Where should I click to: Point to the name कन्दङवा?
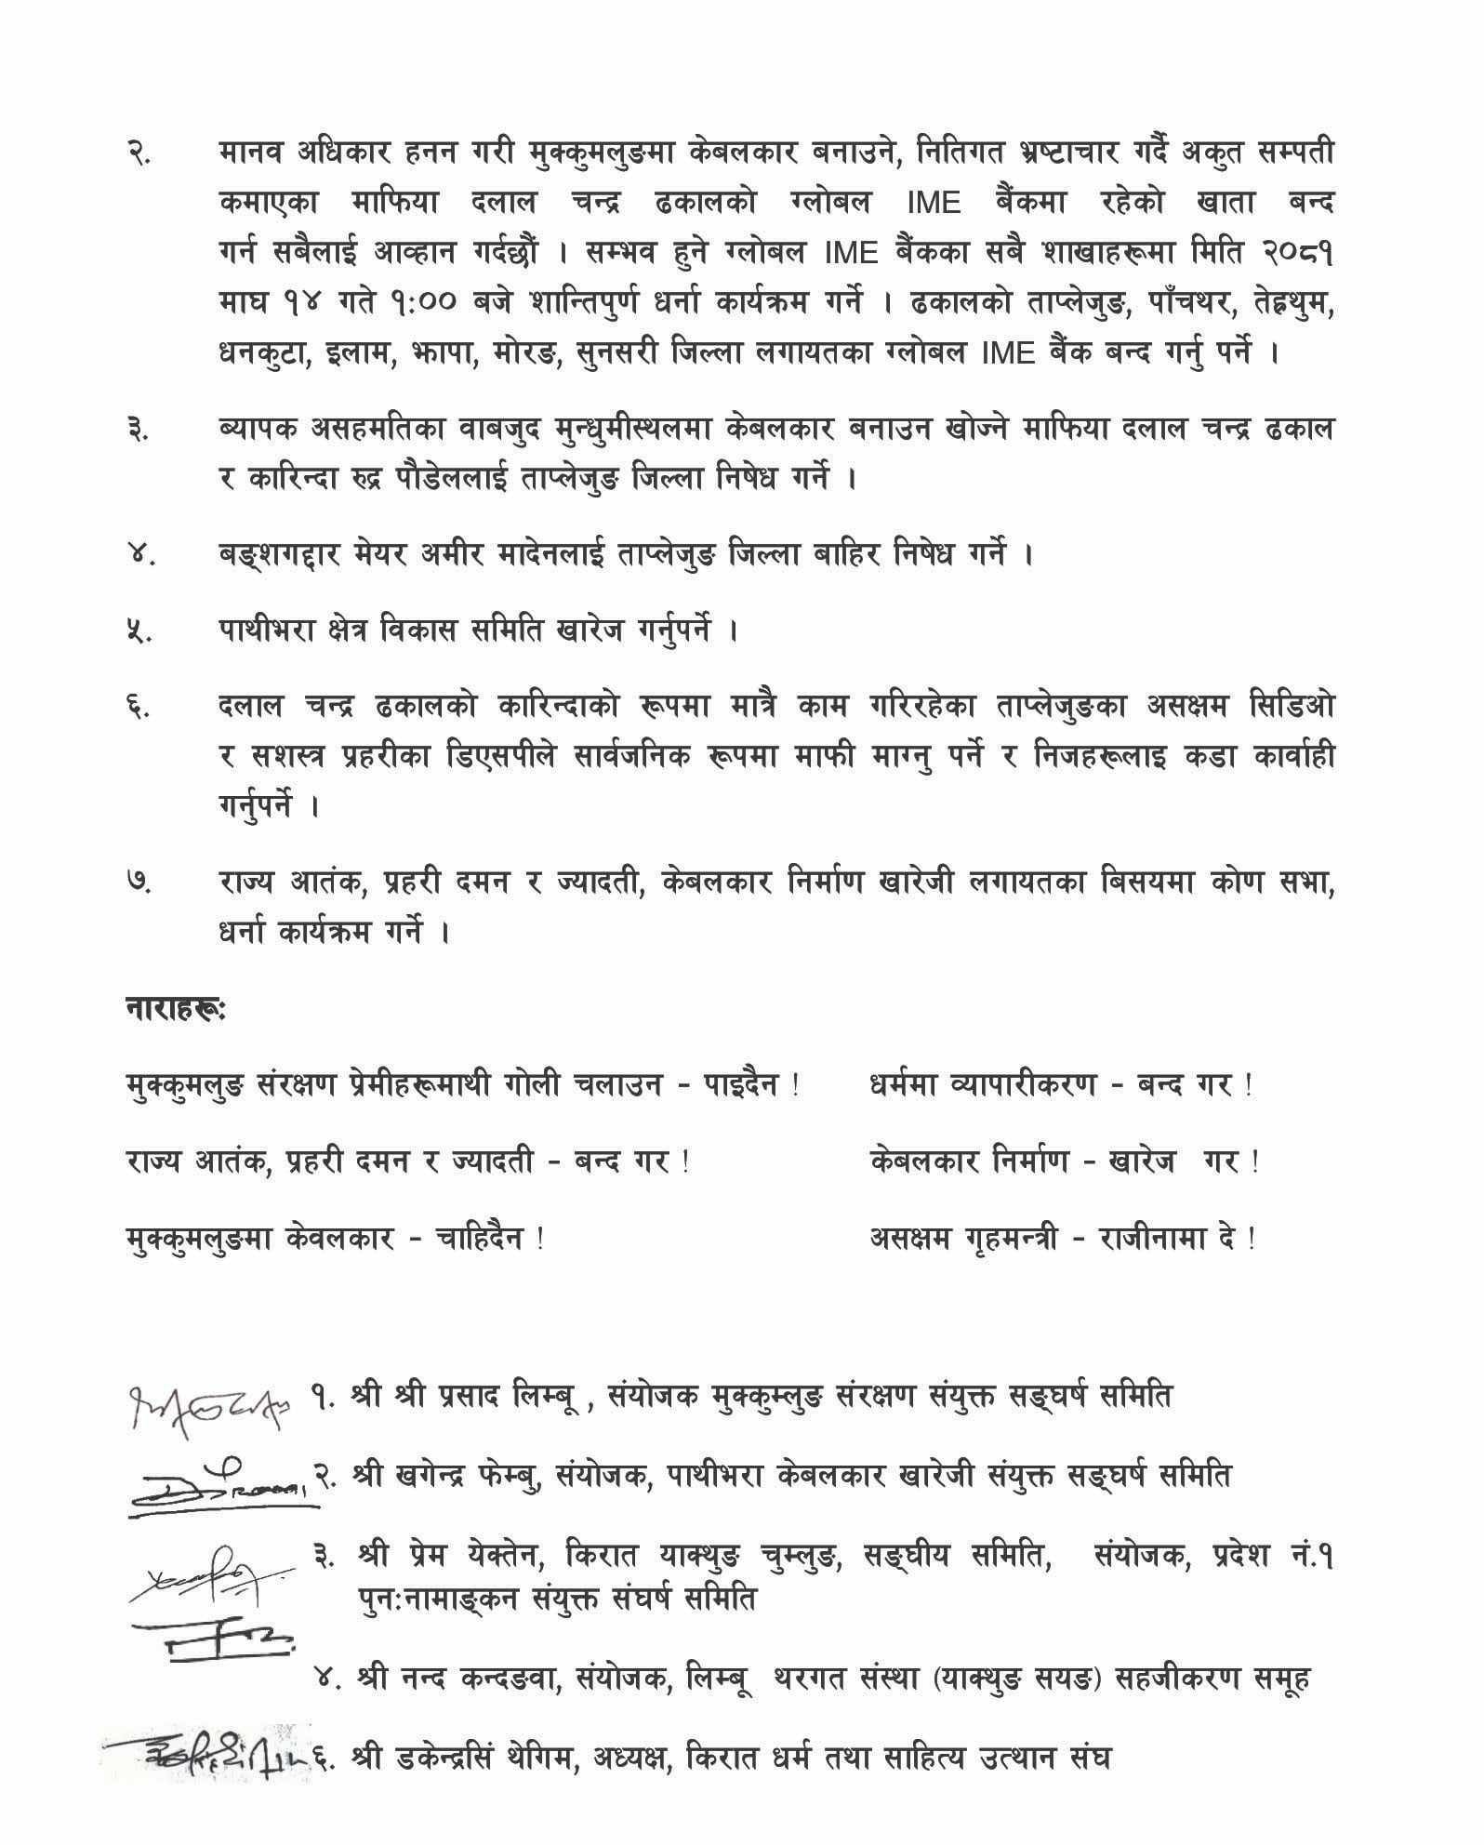493,1679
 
